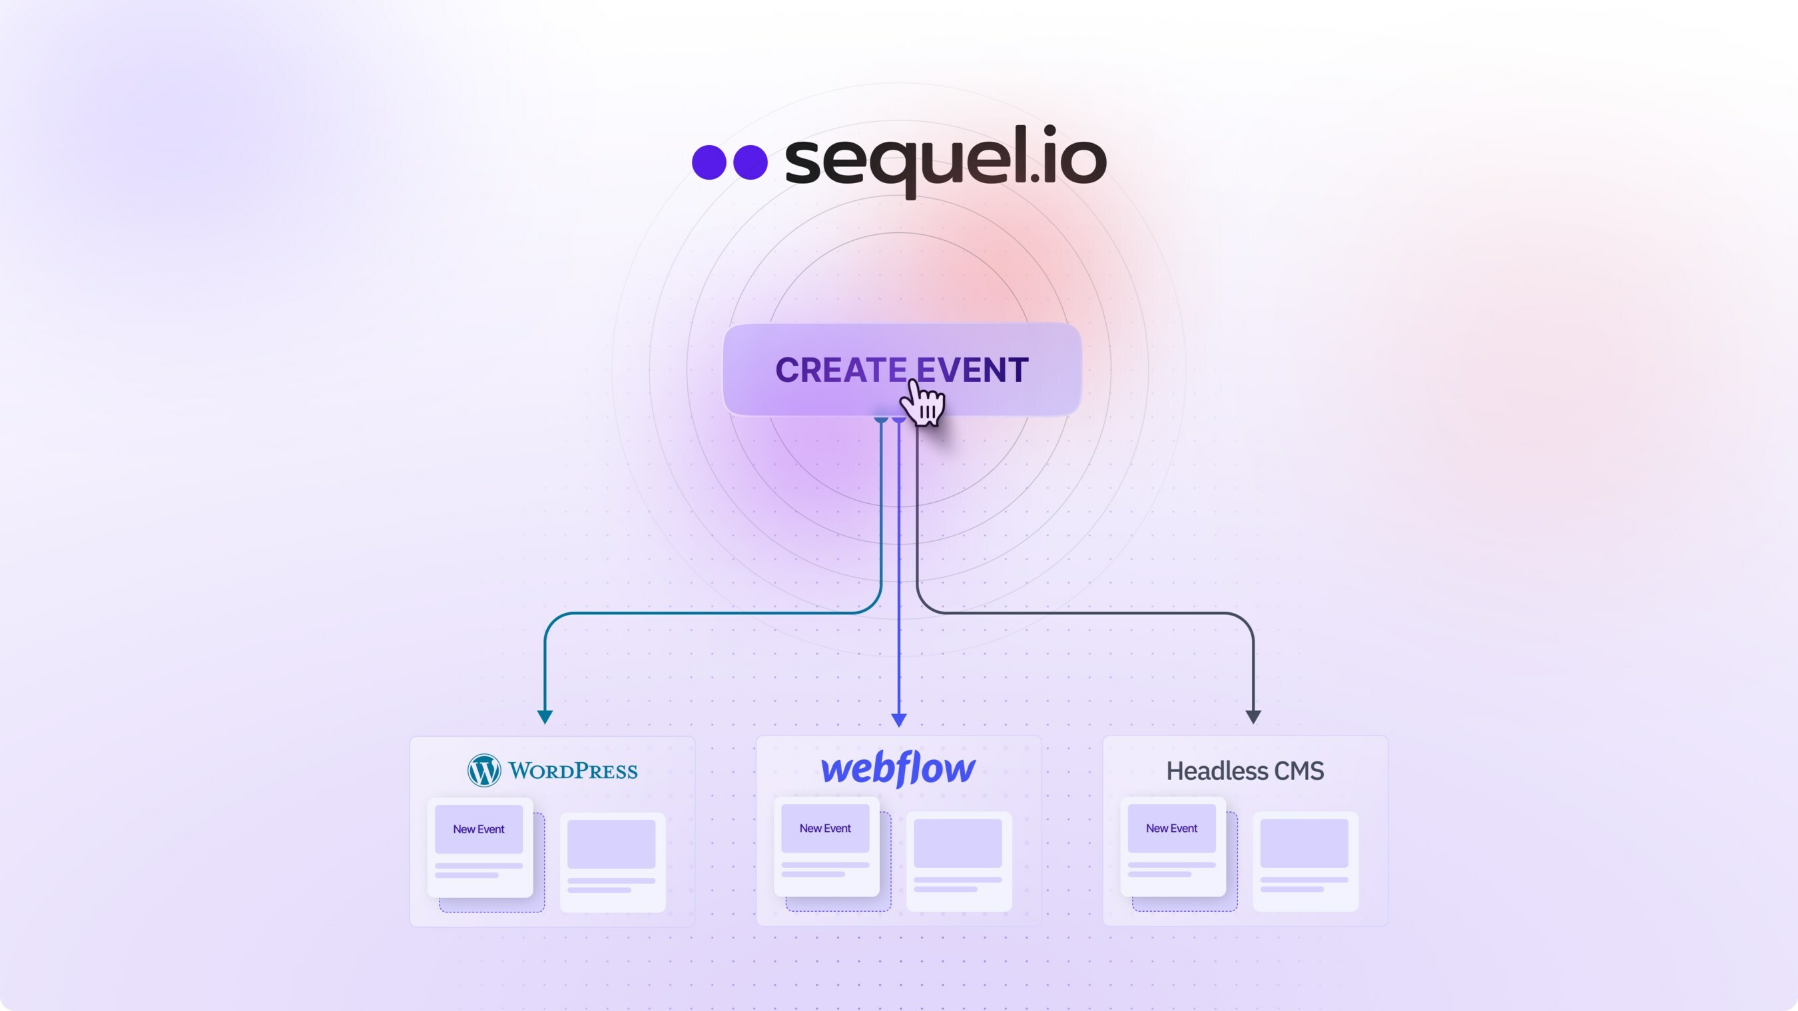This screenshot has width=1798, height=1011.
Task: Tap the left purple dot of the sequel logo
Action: click(x=709, y=162)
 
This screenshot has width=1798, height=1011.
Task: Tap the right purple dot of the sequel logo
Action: click(x=750, y=162)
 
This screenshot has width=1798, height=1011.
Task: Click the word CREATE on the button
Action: click(x=840, y=370)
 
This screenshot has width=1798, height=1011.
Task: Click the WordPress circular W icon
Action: click(x=483, y=770)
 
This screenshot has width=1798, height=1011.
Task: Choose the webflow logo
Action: click(x=898, y=769)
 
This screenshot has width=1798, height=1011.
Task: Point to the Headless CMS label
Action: click(x=1245, y=771)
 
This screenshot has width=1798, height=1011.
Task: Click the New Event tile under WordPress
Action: click(x=479, y=829)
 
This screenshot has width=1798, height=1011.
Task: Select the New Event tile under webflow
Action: click(x=825, y=828)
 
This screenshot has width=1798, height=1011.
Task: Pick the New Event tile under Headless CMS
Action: click(x=1171, y=828)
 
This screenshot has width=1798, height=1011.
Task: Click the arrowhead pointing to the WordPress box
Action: click(x=545, y=717)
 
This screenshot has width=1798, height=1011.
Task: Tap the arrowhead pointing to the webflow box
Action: click(x=899, y=719)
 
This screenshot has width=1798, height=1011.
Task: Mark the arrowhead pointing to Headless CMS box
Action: click(x=1253, y=717)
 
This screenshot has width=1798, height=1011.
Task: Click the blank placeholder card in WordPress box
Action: click(x=612, y=861)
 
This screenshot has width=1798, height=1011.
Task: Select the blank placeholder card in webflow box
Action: click(x=958, y=861)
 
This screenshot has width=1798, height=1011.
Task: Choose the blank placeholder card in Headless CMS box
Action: click(x=1305, y=861)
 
